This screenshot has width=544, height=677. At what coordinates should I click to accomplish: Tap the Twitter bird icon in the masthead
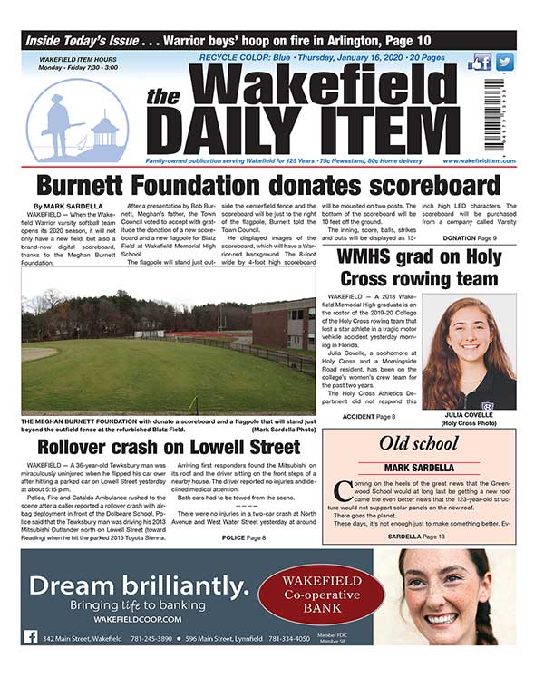504,63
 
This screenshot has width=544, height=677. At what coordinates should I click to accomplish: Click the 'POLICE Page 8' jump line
243,537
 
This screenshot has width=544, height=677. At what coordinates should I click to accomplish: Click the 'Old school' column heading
419,444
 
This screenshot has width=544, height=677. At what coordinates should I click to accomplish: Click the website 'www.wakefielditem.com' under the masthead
480,160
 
